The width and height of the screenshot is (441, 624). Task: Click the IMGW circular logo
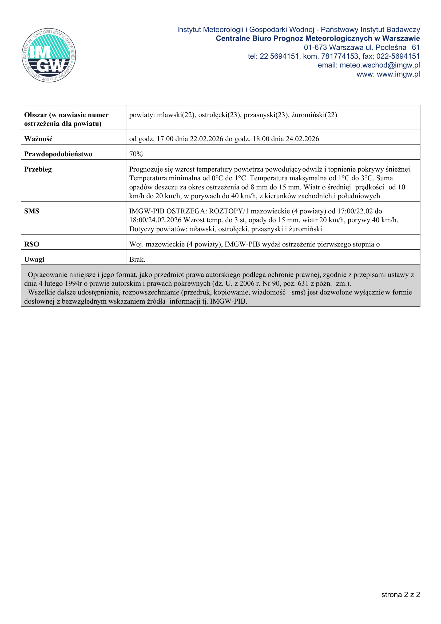coord(49,55)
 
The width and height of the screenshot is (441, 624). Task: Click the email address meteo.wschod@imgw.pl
coord(380,65)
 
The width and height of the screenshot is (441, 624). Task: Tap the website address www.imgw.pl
coord(398,74)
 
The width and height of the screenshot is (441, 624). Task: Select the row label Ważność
coord(38,139)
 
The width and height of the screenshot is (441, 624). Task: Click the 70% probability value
coord(136,154)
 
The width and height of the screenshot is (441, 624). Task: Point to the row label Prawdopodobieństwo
coord(58,154)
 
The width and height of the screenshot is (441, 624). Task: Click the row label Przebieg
coord(38,169)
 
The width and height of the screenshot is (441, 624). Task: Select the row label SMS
coord(32,211)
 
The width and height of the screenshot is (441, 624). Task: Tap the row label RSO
coord(32,244)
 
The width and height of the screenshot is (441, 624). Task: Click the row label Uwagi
coord(34,260)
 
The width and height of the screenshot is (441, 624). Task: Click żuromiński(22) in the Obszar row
coord(314,115)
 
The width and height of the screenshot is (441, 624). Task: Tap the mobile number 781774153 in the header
coord(340,56)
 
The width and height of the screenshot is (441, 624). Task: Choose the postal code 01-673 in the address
coord(315,47)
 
